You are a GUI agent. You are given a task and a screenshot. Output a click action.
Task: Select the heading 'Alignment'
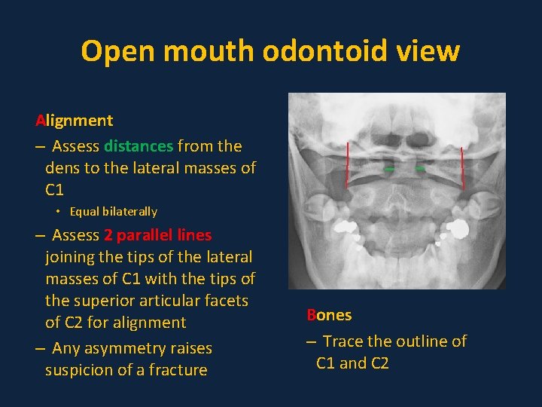pos(75,121)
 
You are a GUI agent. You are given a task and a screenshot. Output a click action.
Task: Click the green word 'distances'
pos(139,145)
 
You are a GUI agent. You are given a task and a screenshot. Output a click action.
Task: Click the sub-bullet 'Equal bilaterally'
pos(113,212)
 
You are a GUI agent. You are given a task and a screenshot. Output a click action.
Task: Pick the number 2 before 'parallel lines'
pos(108,235)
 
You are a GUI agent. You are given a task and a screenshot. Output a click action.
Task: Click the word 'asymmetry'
pos(131,348)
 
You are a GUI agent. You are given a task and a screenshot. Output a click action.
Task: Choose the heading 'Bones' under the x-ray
pos(329,315)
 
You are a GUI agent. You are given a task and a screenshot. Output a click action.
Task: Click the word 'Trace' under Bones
pos(343,341)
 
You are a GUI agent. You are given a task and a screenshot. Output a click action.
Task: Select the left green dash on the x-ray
pos(389,170)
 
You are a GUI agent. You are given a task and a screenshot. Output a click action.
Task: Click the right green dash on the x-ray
pos(420,170)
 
